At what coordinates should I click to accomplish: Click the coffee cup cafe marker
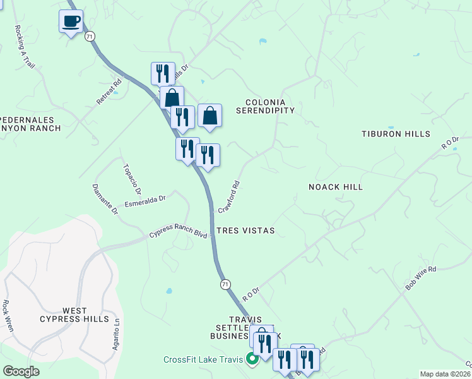pos(71,21)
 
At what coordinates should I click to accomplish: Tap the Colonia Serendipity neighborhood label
pos(265,106)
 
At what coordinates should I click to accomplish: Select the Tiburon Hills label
pos(396,134)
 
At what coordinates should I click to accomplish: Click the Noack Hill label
pos(336,187)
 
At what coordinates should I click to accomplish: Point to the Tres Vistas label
pos(245,231)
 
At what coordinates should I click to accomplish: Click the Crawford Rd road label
pos(230,196)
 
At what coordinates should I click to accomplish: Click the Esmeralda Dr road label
pos(145,200)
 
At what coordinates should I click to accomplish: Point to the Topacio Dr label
pos(133,179)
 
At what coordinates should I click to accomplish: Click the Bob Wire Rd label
pos(421,279)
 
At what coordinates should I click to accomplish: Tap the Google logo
pos(21,371)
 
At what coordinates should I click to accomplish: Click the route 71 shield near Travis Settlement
pos(225,285)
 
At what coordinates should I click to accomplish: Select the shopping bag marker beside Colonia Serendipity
pos(210,116)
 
